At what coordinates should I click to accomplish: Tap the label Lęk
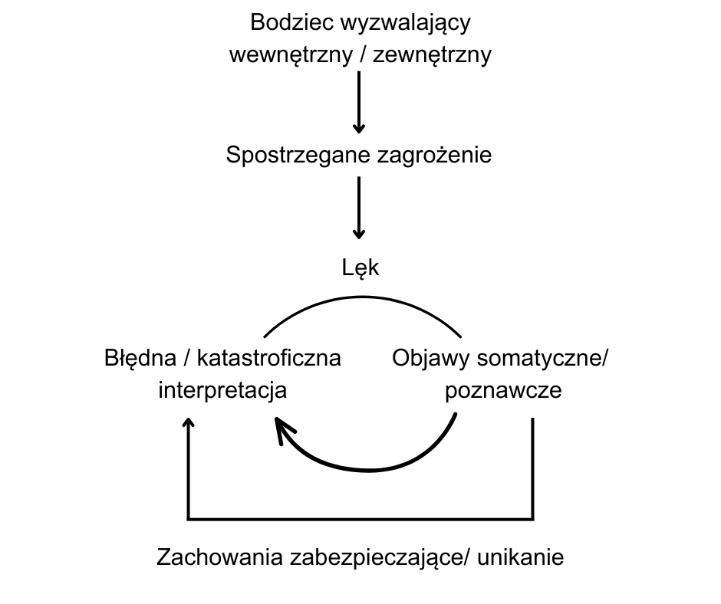click(x=360, y=268)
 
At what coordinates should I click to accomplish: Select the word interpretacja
click(x=222, y=391)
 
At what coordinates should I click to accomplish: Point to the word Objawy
click(x=430, y=358)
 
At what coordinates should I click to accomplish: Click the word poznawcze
click(x=503, y=391)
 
